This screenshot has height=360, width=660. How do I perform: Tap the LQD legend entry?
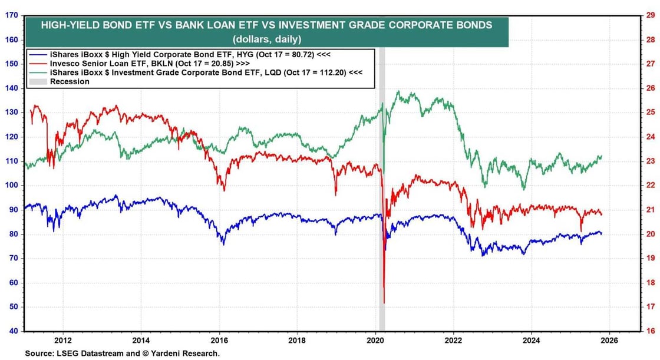point(206,72)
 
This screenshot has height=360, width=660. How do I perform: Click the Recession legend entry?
point(70,81)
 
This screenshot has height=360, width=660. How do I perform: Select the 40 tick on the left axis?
point(12,331)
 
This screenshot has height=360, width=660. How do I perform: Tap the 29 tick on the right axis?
point(651,15)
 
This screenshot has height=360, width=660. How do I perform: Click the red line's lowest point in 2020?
point(384,303)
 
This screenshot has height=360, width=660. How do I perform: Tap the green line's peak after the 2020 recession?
point(400,91)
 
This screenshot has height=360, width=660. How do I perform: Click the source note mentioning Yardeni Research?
point(122,354)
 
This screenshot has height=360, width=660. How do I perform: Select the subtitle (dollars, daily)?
point(266,39)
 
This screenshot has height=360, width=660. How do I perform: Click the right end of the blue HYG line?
point(601,233)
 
